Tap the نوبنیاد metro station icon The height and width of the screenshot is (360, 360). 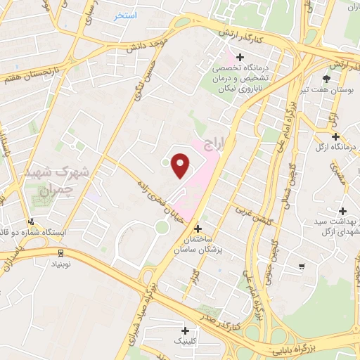tap(61, 252)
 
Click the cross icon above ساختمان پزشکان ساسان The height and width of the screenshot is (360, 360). tap(198, 229)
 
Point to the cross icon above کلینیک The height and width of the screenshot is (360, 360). tap(186, 330)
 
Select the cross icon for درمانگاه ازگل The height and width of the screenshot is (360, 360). tap(335, 136)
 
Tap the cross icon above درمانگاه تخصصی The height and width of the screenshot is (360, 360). tap(240, 56)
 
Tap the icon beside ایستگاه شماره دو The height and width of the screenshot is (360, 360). tap(30, 222)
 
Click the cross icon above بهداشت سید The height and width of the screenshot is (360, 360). tap(342, 211)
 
